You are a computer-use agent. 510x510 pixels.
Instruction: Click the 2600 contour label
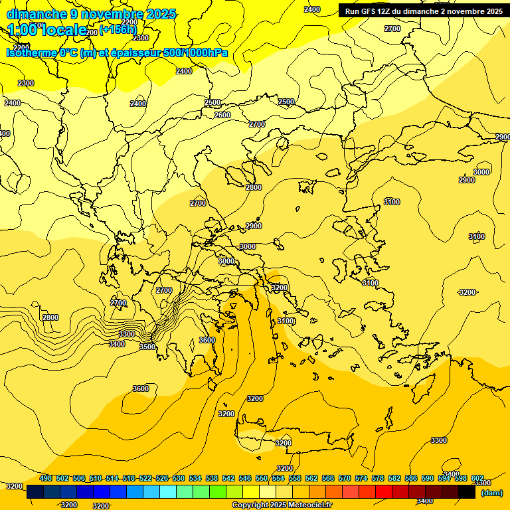coord(222,115)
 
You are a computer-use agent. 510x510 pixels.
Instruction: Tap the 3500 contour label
coord(147,347)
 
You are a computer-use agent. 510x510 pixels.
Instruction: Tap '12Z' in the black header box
coord(390,11)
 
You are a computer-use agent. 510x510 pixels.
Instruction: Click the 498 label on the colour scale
coord(46,478)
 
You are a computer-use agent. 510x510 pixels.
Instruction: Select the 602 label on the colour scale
coord(477,478)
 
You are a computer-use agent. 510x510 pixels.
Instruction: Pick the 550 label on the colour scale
coord(262,478)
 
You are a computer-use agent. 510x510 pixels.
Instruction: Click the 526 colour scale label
coord(162,478)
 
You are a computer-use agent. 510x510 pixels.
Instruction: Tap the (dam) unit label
coord(491,493)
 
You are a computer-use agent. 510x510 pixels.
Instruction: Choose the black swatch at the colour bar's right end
coord(466,492)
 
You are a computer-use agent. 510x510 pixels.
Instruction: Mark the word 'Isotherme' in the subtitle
coord(31,52)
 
